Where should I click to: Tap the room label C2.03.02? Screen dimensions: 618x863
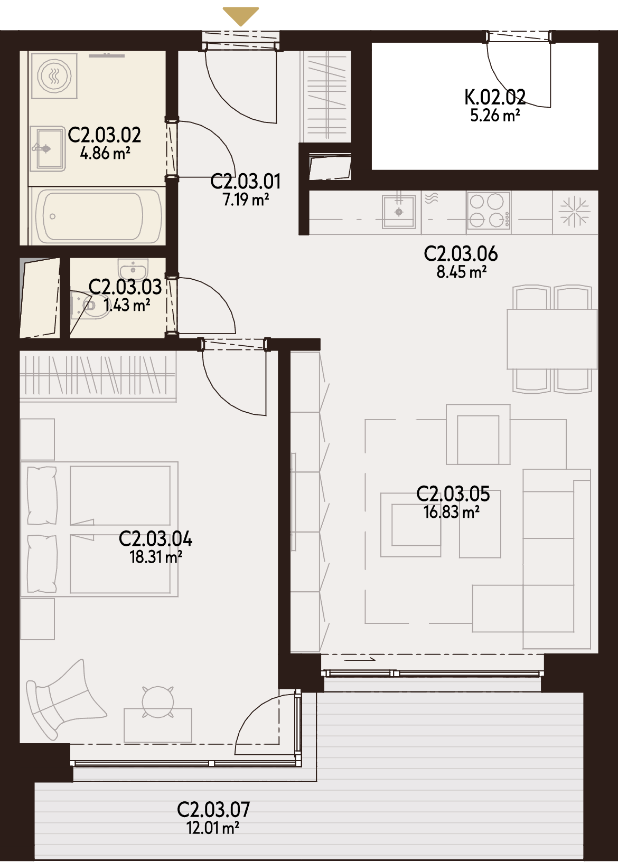[104, 135]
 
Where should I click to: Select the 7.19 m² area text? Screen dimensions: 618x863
[246, 200]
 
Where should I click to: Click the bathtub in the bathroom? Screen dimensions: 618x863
[96, 216]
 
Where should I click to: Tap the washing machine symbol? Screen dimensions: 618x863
[54, 75]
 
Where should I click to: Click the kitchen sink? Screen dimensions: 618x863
[399, 212]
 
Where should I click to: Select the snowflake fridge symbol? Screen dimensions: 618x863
[575, 212]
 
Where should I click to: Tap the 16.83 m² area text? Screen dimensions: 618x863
[452, 513]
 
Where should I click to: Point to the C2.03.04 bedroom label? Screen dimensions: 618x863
[155, 538]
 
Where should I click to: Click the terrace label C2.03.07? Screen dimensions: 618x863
[213, 810]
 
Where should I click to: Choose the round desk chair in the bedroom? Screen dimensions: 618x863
[158, 701]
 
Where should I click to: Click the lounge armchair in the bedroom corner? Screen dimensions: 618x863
[63, 700]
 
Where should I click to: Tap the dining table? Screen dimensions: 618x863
[552, 339]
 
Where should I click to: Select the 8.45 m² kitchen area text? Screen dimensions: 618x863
[461, 272]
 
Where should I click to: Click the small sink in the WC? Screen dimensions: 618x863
[133, 269]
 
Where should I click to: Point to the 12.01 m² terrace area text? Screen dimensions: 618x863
[213, 828]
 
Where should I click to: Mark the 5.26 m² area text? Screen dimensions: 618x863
[495, 115]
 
